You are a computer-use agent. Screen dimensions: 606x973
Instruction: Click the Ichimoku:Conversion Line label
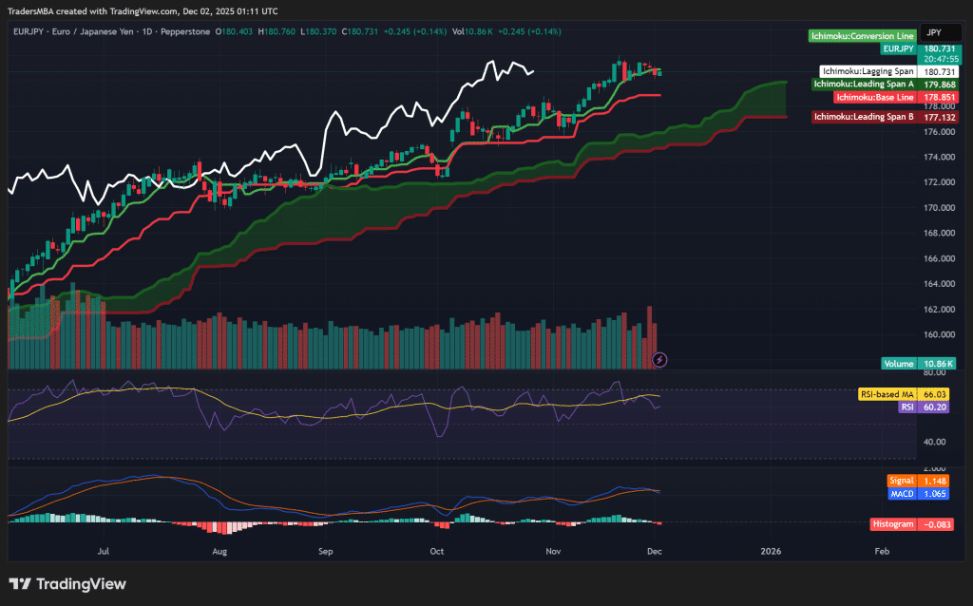tap(862, 36)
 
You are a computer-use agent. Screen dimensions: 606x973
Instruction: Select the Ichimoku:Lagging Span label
tap(868, 71)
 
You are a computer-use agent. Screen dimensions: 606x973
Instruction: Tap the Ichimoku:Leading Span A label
tap(865, 84)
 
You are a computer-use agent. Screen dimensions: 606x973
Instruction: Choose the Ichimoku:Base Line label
tap(875, 97)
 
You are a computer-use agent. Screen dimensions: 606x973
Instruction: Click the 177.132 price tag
tap(939, 116)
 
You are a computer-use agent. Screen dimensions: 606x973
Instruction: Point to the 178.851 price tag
tap(939, 97)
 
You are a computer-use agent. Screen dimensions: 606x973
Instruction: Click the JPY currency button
tap(935, 32)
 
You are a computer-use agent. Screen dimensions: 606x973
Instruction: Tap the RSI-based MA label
tap(887, 393)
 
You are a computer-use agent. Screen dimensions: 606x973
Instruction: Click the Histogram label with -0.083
tap(892, 524)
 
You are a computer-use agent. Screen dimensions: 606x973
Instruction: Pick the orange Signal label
tap(902, 482)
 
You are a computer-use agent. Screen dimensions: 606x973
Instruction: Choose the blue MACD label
tap(902, 494)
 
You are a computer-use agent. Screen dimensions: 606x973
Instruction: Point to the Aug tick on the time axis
tap(219, 550)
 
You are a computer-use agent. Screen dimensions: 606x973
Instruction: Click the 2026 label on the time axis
tap(771, 550)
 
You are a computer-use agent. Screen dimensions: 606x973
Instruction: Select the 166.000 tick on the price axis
tap(939, 257)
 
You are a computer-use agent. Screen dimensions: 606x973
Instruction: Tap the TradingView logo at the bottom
tap(67, 584)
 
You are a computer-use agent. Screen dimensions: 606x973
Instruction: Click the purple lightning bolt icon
tap(660, 359)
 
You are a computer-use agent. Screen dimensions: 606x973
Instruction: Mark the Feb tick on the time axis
tap(882, 550)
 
